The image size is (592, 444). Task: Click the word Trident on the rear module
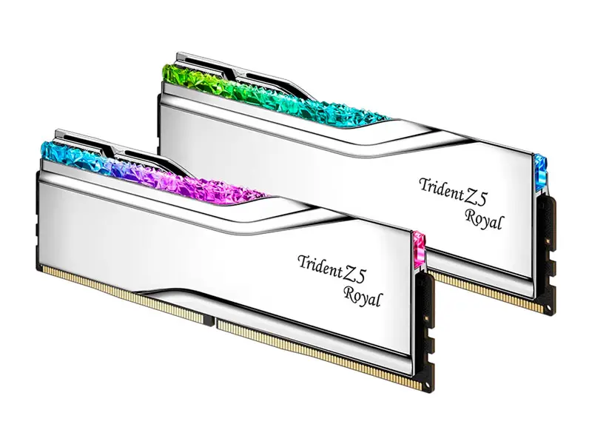[441, 188]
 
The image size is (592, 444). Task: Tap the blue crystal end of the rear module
[541, 171]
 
